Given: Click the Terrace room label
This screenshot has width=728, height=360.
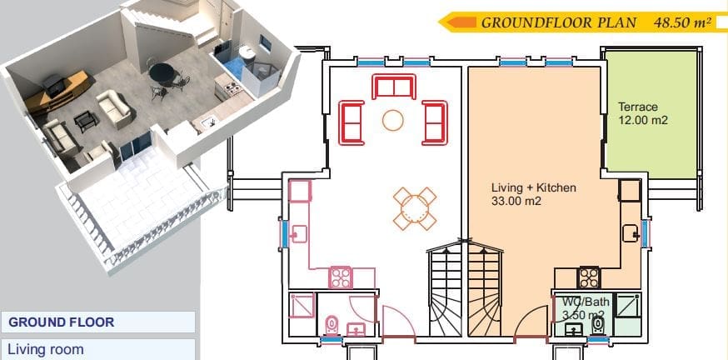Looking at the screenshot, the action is pos(638,107).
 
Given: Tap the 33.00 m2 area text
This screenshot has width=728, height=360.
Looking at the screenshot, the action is pos(516,202).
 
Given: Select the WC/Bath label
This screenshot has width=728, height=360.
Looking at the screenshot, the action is pos(586,302).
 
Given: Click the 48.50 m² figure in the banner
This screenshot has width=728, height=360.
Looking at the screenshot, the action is pos(682,22).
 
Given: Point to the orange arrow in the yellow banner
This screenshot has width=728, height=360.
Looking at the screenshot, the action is pos(461,22).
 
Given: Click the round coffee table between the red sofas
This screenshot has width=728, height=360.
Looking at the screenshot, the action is pos(393,120).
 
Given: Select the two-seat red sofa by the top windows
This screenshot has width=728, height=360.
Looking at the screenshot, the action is pos(393,87).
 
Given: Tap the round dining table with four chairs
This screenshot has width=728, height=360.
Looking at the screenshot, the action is pos(415,208).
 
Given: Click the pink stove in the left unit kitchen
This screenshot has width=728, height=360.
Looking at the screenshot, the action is pos(341,277).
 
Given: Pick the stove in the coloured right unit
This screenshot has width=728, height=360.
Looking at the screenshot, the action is pos(588,277).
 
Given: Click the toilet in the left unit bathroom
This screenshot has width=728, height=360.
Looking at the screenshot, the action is pos(332,325).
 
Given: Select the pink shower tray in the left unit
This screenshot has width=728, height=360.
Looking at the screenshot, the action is pos(302,306).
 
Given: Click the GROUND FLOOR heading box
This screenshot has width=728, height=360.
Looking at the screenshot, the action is pos(97,322).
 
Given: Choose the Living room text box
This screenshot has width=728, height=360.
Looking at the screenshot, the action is pos(97,349).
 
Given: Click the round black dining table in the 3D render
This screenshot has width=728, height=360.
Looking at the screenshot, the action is pos(162,72).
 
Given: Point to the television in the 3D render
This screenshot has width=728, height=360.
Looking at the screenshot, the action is pos(54,84).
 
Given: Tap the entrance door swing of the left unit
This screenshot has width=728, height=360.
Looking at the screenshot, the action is pos(398,321).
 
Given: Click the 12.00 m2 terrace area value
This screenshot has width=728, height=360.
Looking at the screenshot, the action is pos(643,120).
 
